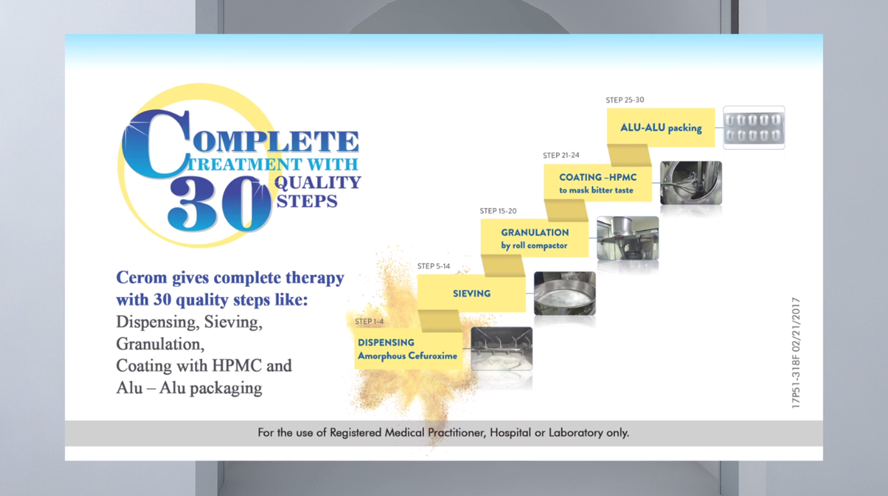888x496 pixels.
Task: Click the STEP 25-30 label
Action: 625,100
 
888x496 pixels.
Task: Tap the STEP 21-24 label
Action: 561,155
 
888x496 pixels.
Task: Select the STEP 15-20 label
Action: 498,211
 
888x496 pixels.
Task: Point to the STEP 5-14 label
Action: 434,266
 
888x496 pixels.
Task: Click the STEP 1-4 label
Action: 369,322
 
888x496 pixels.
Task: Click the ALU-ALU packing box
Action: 661,128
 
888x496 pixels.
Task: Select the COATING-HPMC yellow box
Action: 598,183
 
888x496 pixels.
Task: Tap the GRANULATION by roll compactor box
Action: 535,238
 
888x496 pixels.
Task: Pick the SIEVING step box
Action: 472,294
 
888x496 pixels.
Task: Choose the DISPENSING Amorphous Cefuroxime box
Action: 409,349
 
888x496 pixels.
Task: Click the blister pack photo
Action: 754,128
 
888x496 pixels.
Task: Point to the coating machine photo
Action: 691,183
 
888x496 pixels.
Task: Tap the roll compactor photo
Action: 628,238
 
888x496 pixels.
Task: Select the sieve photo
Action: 565,294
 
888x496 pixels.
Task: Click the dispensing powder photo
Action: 502,349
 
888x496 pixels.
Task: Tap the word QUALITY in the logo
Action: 318,183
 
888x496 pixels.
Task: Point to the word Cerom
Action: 141,278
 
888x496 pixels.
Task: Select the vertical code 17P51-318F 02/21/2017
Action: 796,353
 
